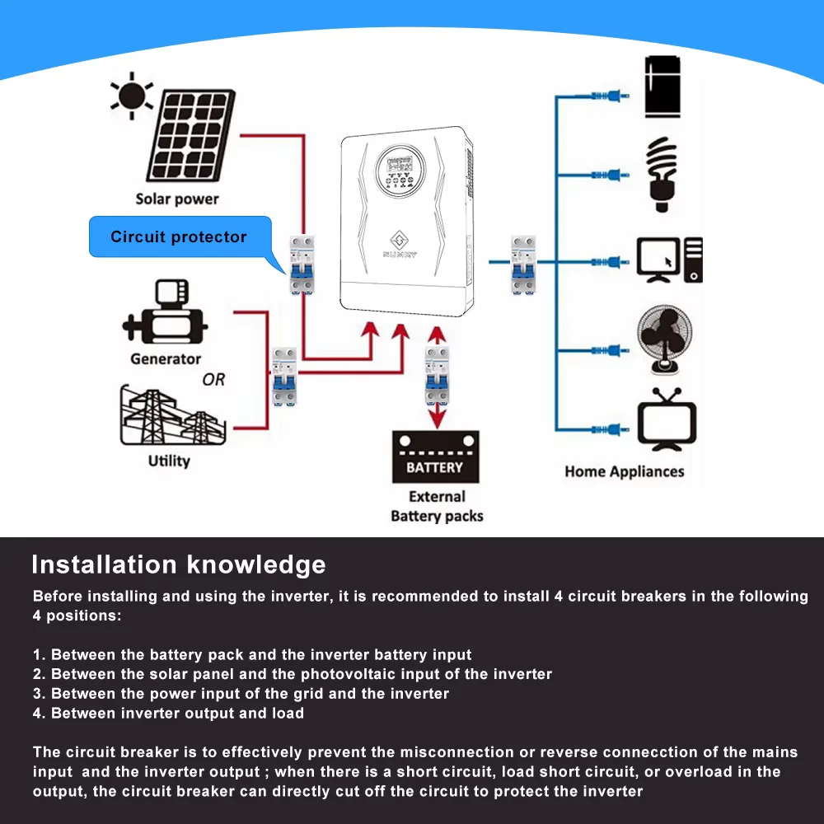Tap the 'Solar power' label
pyautogui.click(x=177, y=199)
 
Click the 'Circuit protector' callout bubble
pyautogui.click(x=179, y=237)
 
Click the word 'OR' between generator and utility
pyautogui.click(x=213, y=380)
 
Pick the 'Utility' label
pyautogui.click(x=169, y=461)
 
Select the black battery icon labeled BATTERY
pyautogui.click(x=434, y=458)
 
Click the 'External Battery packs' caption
pyautogui.click(x=437, y=506)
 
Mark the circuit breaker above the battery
pyautogui.click(x=437, y=375)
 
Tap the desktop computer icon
pyautogui.click(x=669, y=260)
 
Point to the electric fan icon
pyautogui.click(x=663, y=341)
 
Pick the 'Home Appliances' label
pyautogui.click(x=624, y=472)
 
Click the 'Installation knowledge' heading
pyautogui.click(x=178, y=565)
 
